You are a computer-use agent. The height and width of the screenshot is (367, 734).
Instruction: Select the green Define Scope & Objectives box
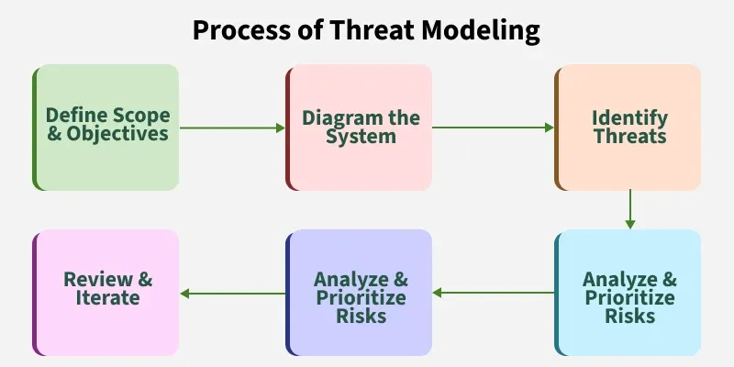(106, 128)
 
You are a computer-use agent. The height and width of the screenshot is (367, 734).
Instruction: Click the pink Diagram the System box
(359, 128)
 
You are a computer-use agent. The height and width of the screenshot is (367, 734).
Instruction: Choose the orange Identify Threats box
(628, 128)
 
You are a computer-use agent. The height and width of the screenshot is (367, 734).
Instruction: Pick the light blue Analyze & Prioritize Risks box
(628, 293)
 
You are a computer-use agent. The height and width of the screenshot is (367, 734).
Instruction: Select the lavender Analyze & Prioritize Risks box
(359, 293)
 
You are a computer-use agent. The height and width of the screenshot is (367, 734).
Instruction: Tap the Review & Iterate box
(106, 293)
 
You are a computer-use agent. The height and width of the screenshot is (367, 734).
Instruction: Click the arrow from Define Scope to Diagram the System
(232, 128)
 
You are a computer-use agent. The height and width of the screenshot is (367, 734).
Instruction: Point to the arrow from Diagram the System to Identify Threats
(493, 128)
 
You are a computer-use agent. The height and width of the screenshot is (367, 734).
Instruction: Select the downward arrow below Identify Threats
(630, 209)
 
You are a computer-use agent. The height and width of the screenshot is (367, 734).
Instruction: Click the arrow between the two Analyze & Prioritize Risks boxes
(494, 293)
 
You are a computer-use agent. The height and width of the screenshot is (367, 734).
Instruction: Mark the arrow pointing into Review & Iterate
(233, 294)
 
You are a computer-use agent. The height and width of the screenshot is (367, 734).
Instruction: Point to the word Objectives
(117, 134)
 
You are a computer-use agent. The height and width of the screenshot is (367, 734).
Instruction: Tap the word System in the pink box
(361, 137)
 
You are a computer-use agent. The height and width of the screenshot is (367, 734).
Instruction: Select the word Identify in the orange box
(630, 118)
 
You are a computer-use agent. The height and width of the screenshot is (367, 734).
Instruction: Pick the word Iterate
(108, 297)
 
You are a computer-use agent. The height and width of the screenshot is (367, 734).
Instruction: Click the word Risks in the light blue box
(630, 316)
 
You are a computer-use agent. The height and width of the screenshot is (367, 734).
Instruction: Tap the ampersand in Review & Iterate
(145, 280)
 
